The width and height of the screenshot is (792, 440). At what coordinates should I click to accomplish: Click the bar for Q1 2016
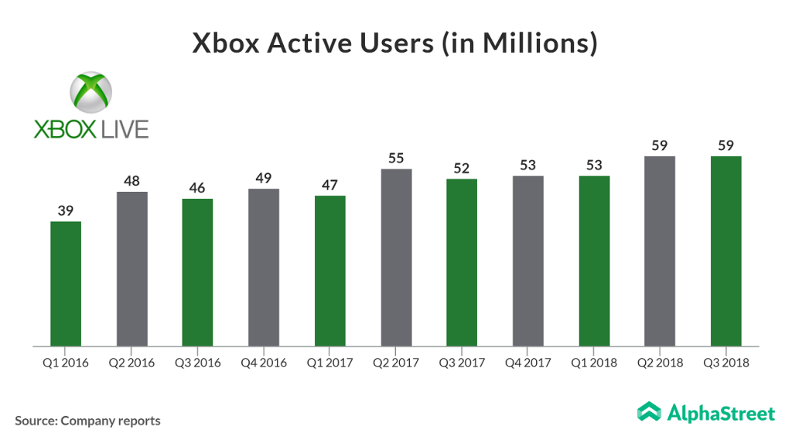pos(66,284)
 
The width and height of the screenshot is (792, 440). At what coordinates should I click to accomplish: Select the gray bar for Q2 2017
pos(396,258)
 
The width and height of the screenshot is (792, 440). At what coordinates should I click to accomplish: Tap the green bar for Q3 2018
pos(726,251)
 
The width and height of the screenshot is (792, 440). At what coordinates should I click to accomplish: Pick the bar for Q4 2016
pos(264,268)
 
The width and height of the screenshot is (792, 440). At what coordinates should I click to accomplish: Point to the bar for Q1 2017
pos(330,271)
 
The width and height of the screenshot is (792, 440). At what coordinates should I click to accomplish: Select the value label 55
pos(396,159)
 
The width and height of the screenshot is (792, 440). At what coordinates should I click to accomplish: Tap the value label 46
pos(198,188)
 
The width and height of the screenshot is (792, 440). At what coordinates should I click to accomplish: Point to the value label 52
pos(462,169)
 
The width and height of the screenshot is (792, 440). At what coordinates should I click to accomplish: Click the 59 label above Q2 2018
pos(660,145)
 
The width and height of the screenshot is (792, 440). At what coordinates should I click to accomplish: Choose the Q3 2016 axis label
pos(198,362)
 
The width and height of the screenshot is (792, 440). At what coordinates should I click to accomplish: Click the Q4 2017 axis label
pos(528,362)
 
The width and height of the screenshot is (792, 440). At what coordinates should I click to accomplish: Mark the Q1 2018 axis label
pos(594,362)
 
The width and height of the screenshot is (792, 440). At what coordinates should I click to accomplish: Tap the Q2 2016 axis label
pos(131,362)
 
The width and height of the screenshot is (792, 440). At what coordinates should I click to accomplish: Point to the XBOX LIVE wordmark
pos(91,128)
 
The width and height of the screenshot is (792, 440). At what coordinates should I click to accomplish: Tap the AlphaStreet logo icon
pos(648,412)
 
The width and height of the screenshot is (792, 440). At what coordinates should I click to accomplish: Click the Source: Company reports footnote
pos(87,421)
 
